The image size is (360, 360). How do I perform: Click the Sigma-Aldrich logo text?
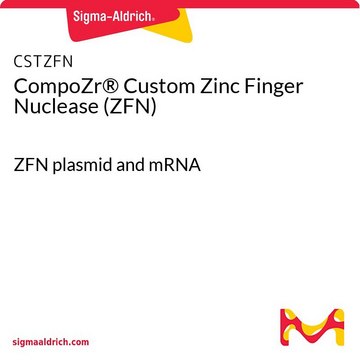[x=114, y=16]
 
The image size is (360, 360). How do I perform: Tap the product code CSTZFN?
[x=43, y=62]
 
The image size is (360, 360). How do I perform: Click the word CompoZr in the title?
[x=61, y=88]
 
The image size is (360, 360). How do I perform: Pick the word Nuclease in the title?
[x=56, y=107]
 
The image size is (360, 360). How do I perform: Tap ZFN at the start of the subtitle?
[x=31, y=166]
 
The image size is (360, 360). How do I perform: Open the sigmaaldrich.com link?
[x=51, y=342]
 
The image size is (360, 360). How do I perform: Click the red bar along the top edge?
[x=180, y=4]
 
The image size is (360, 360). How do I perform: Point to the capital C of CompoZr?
[x=21, y=86]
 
